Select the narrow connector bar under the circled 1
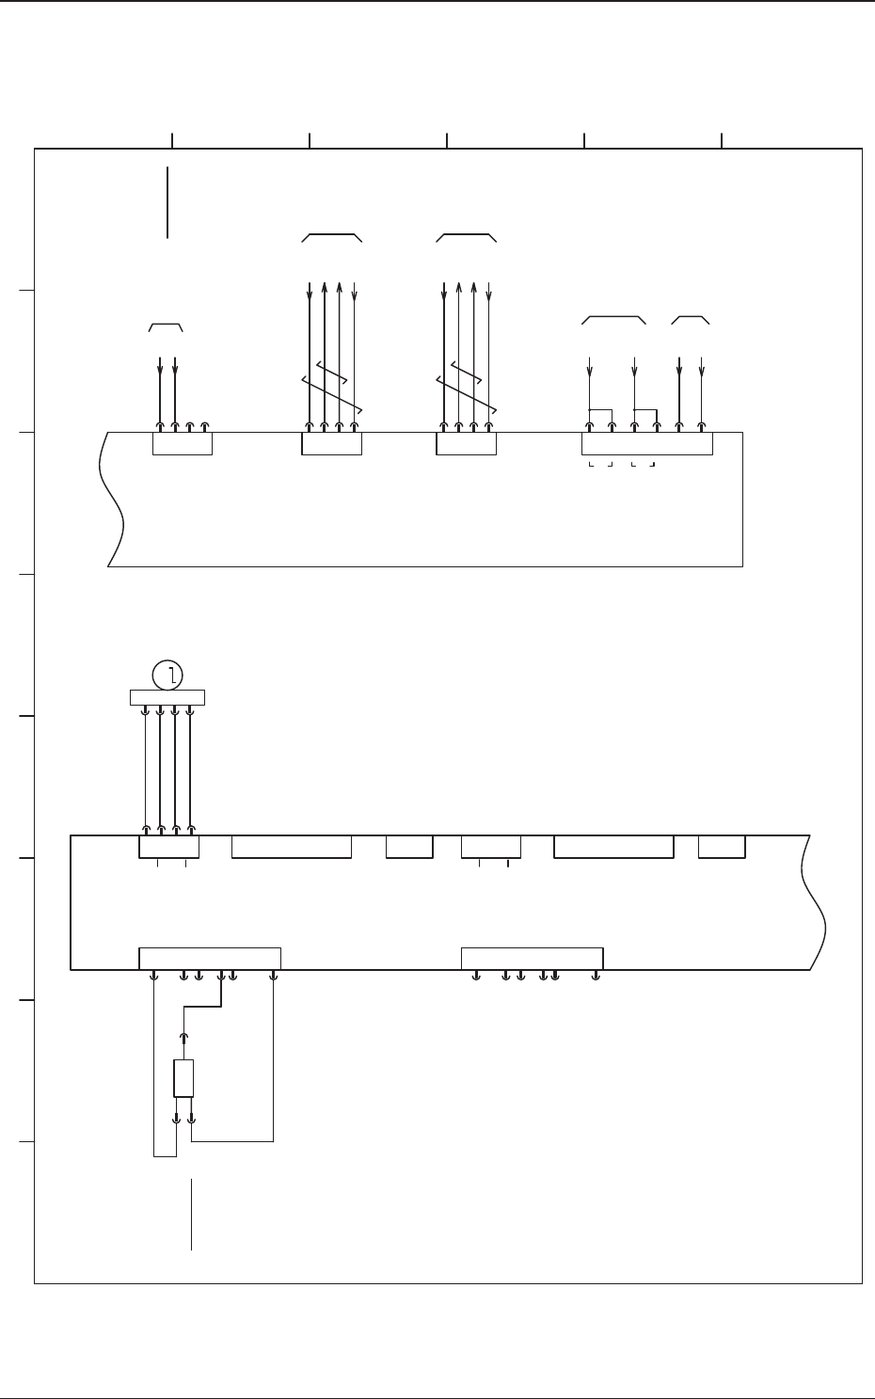[x=167, y=697]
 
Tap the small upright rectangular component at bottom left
[x=183, y=1078]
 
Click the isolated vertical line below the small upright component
[x=191, y=1214]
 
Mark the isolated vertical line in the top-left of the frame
[x=167, y=202]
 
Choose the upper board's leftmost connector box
[x=182, y=443]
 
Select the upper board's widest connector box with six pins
[x=646, y=443]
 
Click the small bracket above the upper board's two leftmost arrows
[x=166, y=326]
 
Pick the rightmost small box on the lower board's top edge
[x=722, y=847]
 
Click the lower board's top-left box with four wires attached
[x=168, y=847]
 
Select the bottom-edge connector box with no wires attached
[x=532, y=958]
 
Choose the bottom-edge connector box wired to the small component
[x=209, y=958]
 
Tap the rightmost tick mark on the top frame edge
[x=722, y=140]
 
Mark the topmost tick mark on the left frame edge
[x=27, y=291]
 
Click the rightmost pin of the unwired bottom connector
[x=596, y=976]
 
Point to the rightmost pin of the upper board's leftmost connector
[x=205, y=426]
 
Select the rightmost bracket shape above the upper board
[x=690, y=320]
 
